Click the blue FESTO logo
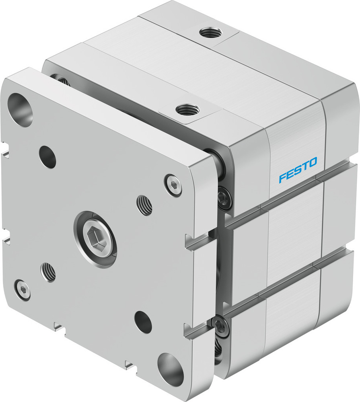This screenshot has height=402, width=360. click(298, 170)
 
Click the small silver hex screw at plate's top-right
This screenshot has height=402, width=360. click(173, 185)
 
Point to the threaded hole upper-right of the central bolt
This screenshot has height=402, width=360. click(144, 205)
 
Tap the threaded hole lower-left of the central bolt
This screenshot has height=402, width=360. click(48, 272)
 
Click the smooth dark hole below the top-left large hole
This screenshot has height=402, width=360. click(47, 157)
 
